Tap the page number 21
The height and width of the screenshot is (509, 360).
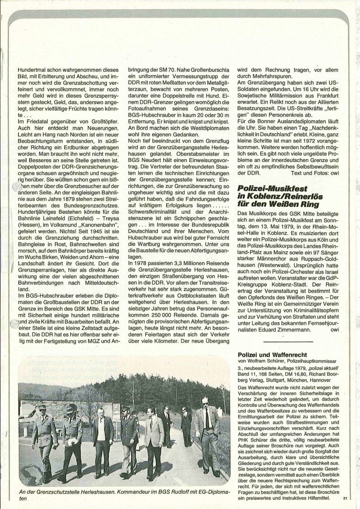(345, 498)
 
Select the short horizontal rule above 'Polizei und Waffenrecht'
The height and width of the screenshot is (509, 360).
(288, 341)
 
